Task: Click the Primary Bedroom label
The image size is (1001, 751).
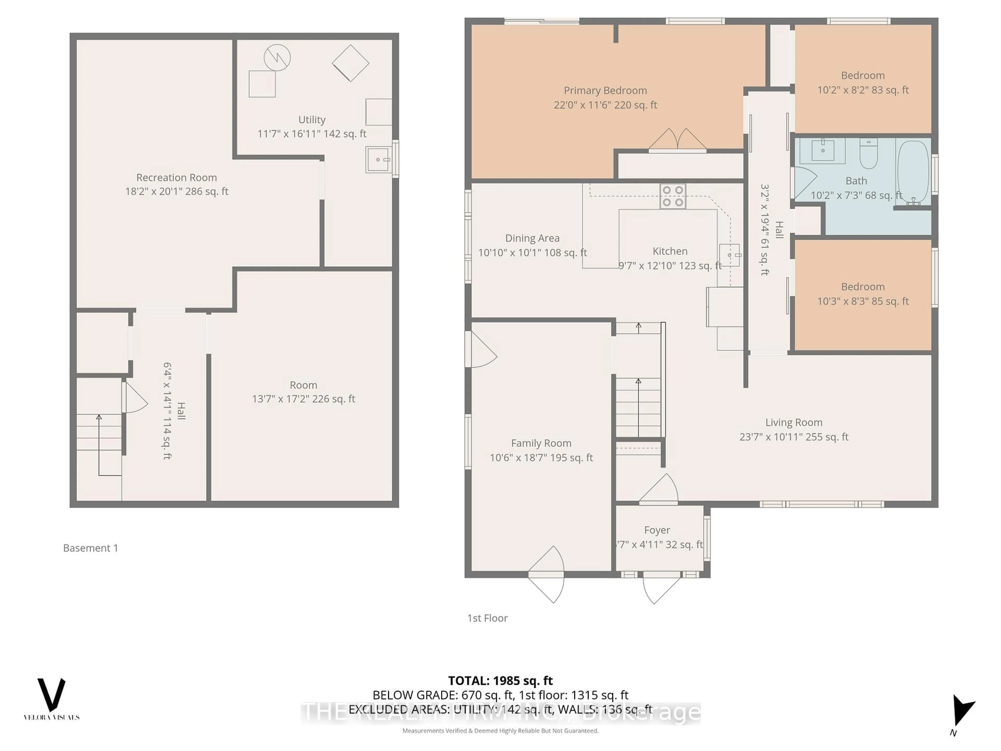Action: (605, 90)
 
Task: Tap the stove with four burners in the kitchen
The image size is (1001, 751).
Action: (673, 196)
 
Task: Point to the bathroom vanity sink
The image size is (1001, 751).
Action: (823, 150)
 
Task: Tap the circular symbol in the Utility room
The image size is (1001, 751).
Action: (277, 57)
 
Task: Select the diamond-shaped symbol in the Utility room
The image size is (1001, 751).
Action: (350, 63)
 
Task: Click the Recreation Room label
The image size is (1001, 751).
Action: (176, 178)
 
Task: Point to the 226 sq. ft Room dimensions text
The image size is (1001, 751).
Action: (303, 399)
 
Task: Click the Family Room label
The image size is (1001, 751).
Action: (541, 443)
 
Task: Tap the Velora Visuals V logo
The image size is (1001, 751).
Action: (51, 695)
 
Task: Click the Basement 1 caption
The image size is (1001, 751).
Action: (90, 548)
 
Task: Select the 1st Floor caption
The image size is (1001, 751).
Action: (487, 618)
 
